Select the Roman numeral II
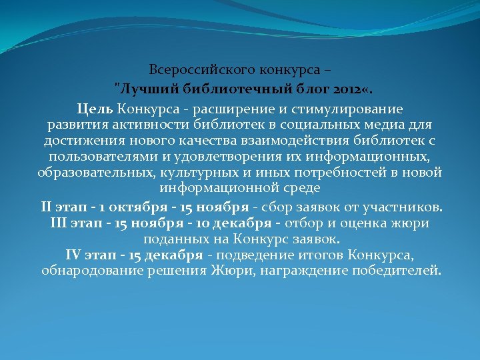pyautogui.click(x=47, y=206)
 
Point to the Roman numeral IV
pyautogui.click(x=73, y=255)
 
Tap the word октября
pyautogui.click(x=128, y=206)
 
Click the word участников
pyautogui.click(x=405, y=206)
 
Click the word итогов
pyautogui.click(x=341, y=255)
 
